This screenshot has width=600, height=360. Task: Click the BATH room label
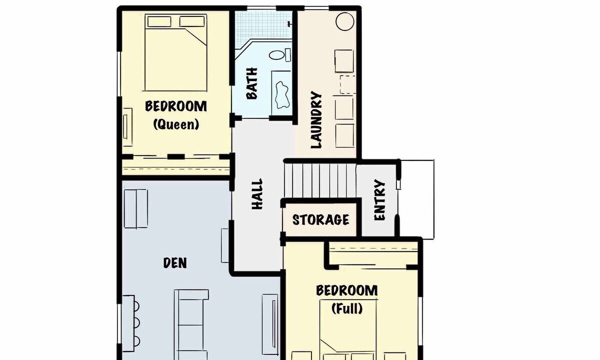click(x=252, y=83)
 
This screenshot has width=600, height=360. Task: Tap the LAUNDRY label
click(x=316, y=119)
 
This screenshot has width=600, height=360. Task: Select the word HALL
click(x=257, y=194)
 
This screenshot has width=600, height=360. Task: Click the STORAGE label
click(x=320, y=219)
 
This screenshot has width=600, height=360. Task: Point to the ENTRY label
click(x=379, y=200)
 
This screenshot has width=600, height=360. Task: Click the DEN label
click(x=175, y=263)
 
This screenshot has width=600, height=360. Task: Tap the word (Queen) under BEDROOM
click(x=176, y=124)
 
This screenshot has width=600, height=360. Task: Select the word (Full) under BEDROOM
click(x=347, y=308)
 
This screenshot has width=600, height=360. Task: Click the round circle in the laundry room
click(x=345, y=21)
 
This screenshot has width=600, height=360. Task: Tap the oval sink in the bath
click(x=276, y=55)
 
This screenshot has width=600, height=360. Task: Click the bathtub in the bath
click(x=281, y=92)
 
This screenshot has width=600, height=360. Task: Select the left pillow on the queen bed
click(x=159, y=21)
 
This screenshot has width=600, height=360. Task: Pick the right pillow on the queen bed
click(x=192, y=21)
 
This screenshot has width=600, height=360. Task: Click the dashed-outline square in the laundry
click(x=348, y=84)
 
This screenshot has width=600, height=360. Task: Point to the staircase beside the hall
click(x=320, y=181)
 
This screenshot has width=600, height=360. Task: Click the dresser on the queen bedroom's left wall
click(x=127, y=127)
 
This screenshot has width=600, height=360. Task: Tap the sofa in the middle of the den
click(x=190, y=324)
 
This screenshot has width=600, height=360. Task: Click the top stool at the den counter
click(x=136, y=306)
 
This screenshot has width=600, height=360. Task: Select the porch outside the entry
click(x=416, y=199)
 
